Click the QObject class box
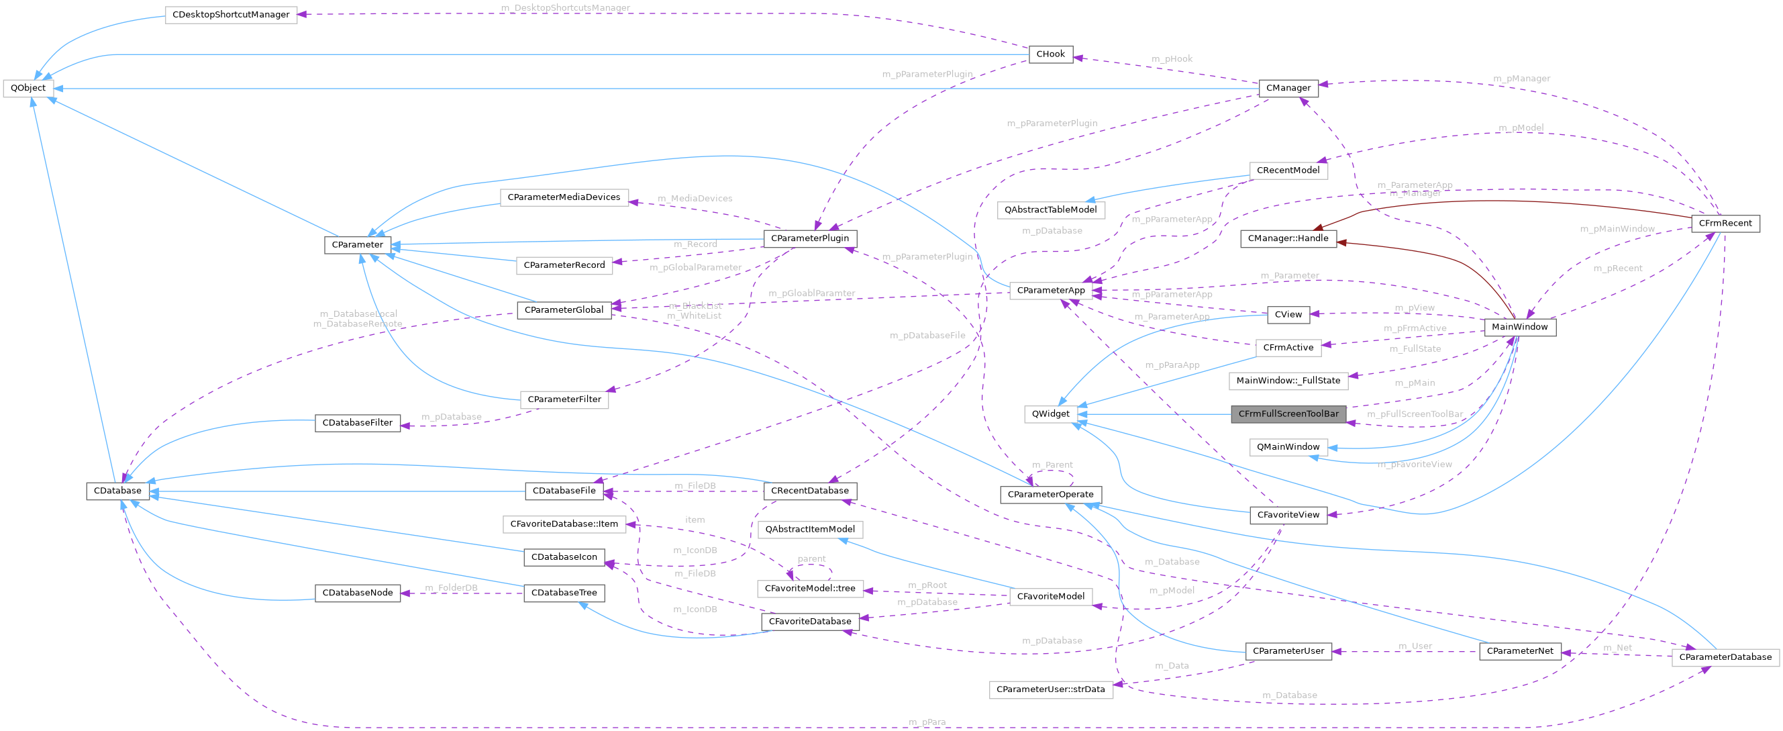pos(28,88)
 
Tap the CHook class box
pos(1050,54)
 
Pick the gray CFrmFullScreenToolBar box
pos(1288,414)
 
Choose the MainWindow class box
pos(1519,327)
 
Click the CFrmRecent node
pos(1725,223)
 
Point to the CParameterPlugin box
pos(809,238)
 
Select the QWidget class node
pos(1050,414)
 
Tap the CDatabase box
pos(117,491)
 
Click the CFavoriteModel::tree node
pos(809,589)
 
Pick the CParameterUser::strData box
pos(1050,689)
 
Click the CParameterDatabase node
pos(1725,657)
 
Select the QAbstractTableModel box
pos(1050,209)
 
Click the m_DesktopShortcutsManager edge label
pos(565,7)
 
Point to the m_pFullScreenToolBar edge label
pos(1415,414)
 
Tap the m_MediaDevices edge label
pos(695,199)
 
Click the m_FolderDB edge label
pos(452,588)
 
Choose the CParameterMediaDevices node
pos(564,197)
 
